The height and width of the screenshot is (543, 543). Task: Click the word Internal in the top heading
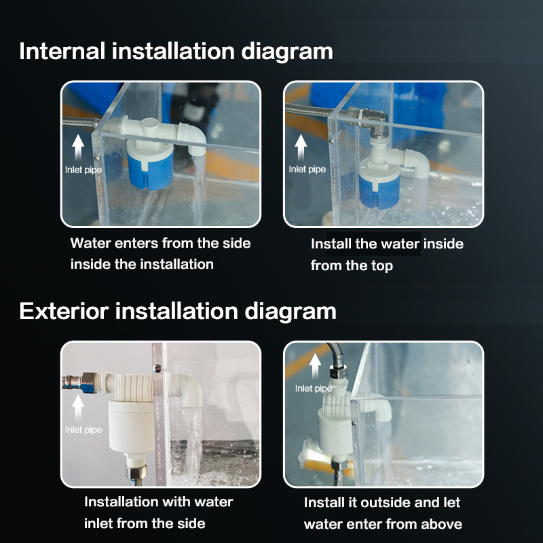pos(62,52)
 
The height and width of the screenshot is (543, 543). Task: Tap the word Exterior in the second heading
pos(64,311)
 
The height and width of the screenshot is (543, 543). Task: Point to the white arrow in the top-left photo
pos(78,147)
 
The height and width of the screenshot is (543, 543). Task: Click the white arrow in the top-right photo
pos(301,147)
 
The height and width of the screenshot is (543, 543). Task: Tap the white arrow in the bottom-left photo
pos(78,407)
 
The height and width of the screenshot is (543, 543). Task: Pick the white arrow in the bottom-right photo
pos(315,366)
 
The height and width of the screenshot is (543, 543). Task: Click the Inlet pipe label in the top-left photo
pos(83,170)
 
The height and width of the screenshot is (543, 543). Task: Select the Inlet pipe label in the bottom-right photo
pos(314,388)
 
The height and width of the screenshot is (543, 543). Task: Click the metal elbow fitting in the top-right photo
pos(376,123)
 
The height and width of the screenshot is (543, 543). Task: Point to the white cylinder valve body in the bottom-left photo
pos(132,426)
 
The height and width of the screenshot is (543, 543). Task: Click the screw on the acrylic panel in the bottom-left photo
pos(157,369)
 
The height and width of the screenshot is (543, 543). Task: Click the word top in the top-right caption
pos(382,266)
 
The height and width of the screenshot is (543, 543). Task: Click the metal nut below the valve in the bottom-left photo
pos(136,472)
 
